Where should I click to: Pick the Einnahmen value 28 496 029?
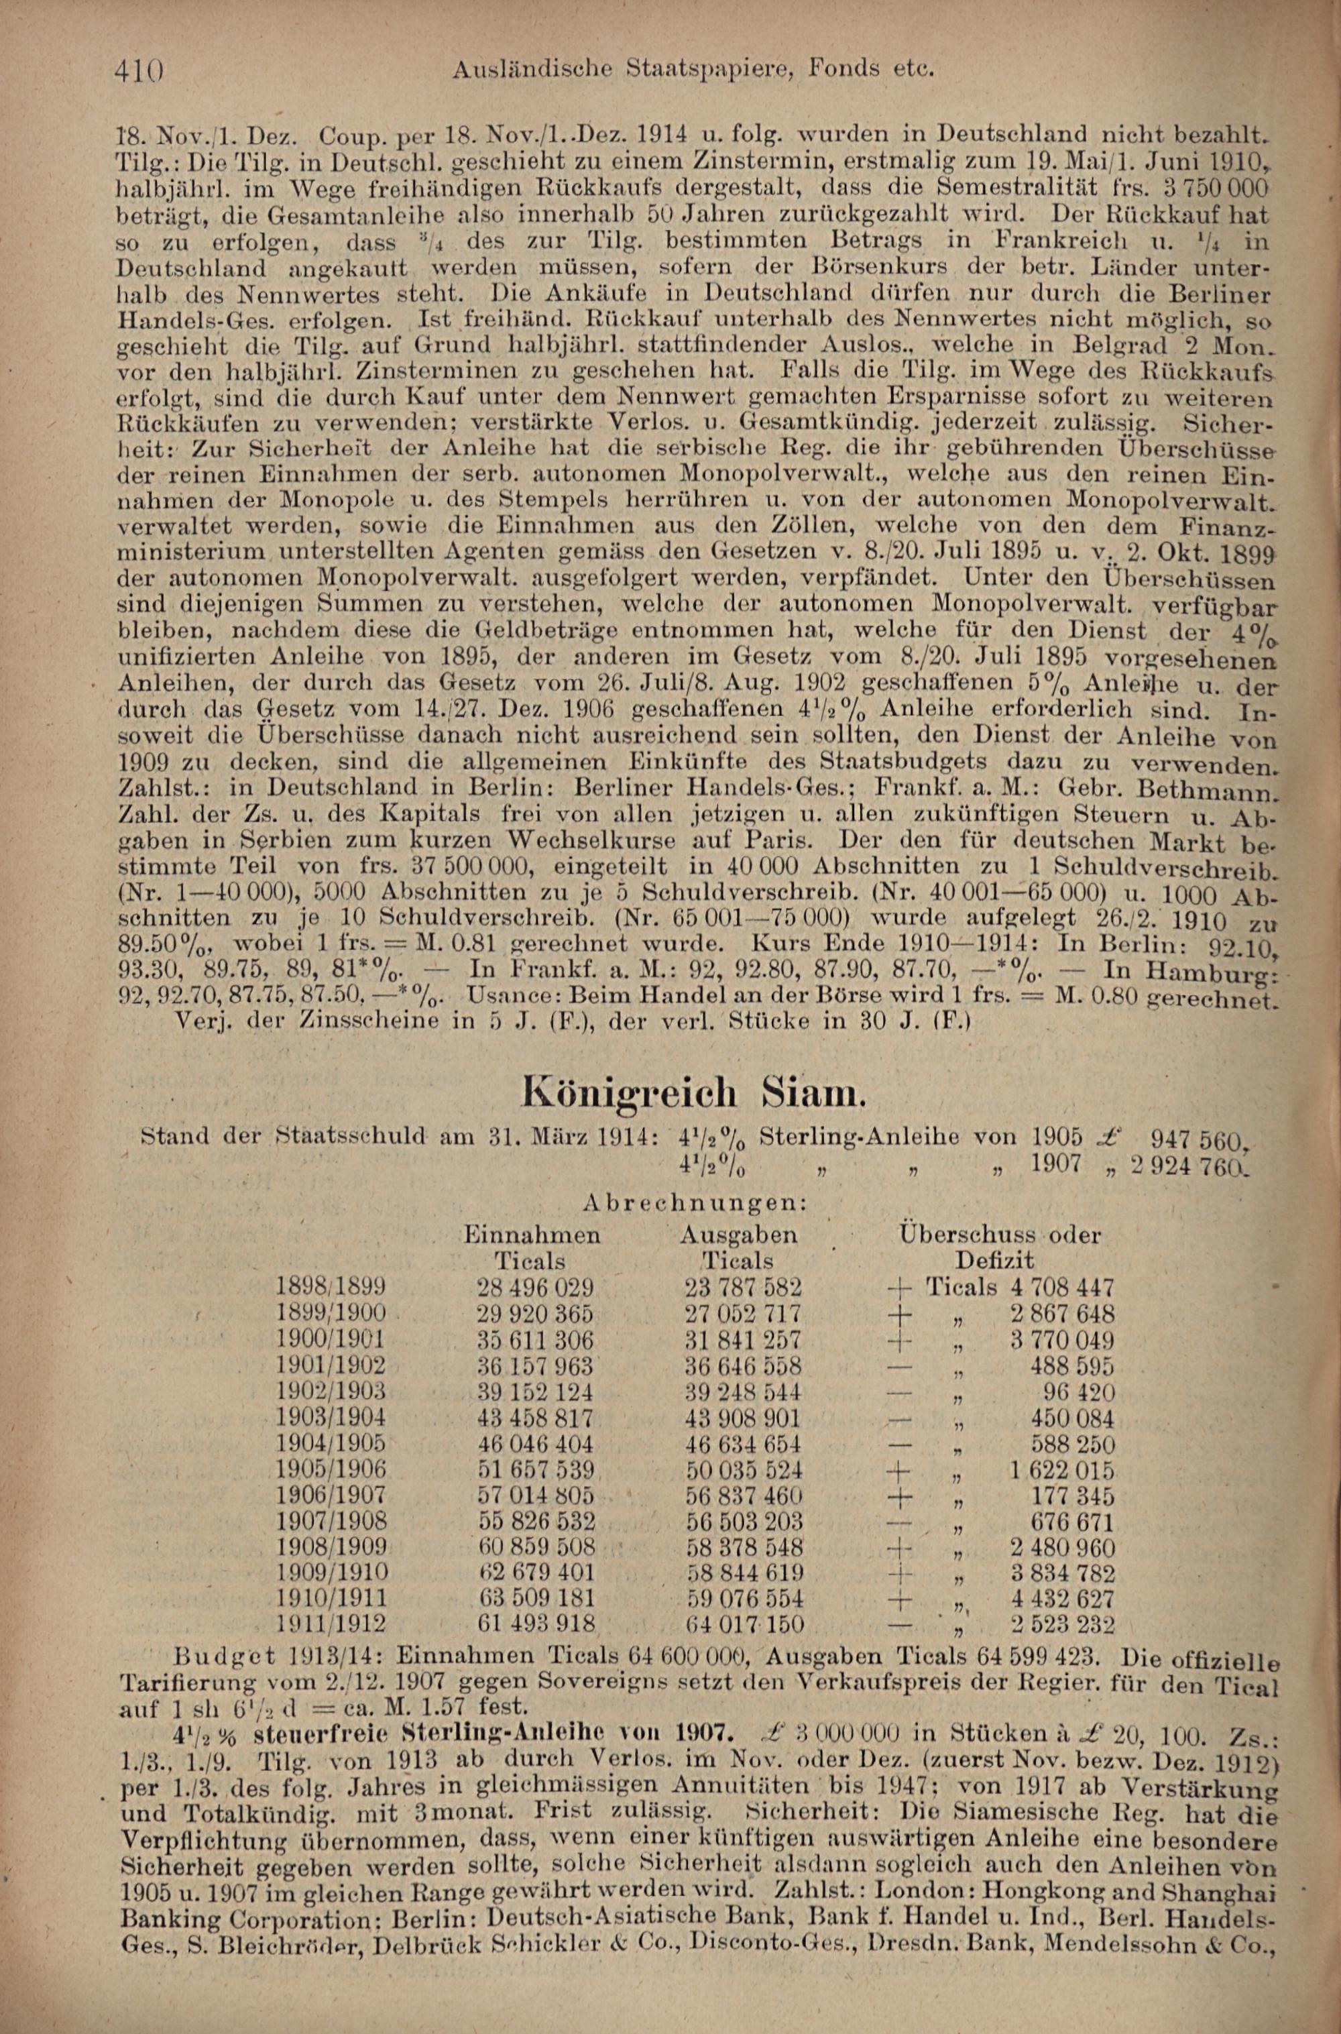[x=535, y=1286]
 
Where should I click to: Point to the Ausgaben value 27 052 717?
[x=743, y=1313]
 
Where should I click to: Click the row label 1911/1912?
[x=332, y=1624]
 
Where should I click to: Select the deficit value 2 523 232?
[x=1062, y=1624]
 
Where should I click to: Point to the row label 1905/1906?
[x=332, y=1469]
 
